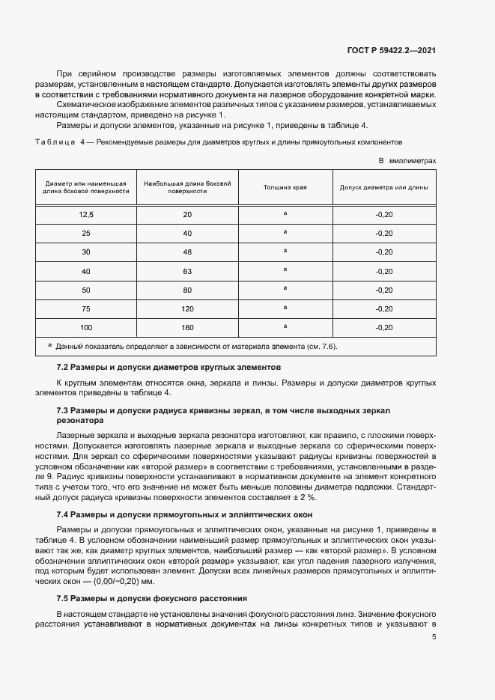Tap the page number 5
pyautogui.click(x=434, y=637)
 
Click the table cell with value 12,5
pyautogui.click(x=86, y=215)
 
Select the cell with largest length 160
pyautogui.click(x=187, y=327)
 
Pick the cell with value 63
pyautogui.click(x=187, y=271)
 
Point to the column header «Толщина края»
pyautogui.click(x=285, y=187)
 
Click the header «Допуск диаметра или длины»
pyautogui.click(x=383, y=187)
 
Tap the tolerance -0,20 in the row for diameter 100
pyautogui.click(x=383, y=327)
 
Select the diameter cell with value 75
pyautogui.click(x=86, y=308)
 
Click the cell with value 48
pyautogui.click(x=187, y=252)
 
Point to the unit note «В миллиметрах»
pyautogui.click(x=407, y=160)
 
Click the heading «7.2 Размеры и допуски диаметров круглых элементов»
pyautogui.click(x=168, y=368)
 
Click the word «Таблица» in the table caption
pyautogui.click(x=55, y=141)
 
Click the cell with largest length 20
pyautogui.click(x=187, y=215)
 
